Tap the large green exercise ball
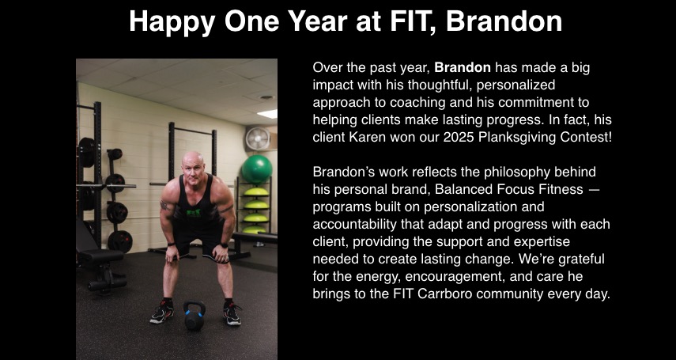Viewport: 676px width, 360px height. (x=256, y=169)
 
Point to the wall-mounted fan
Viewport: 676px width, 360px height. (x=257, y=139)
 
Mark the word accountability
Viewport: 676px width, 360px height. (x=359, y=224)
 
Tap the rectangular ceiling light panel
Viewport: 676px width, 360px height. (x=266, y=113)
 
